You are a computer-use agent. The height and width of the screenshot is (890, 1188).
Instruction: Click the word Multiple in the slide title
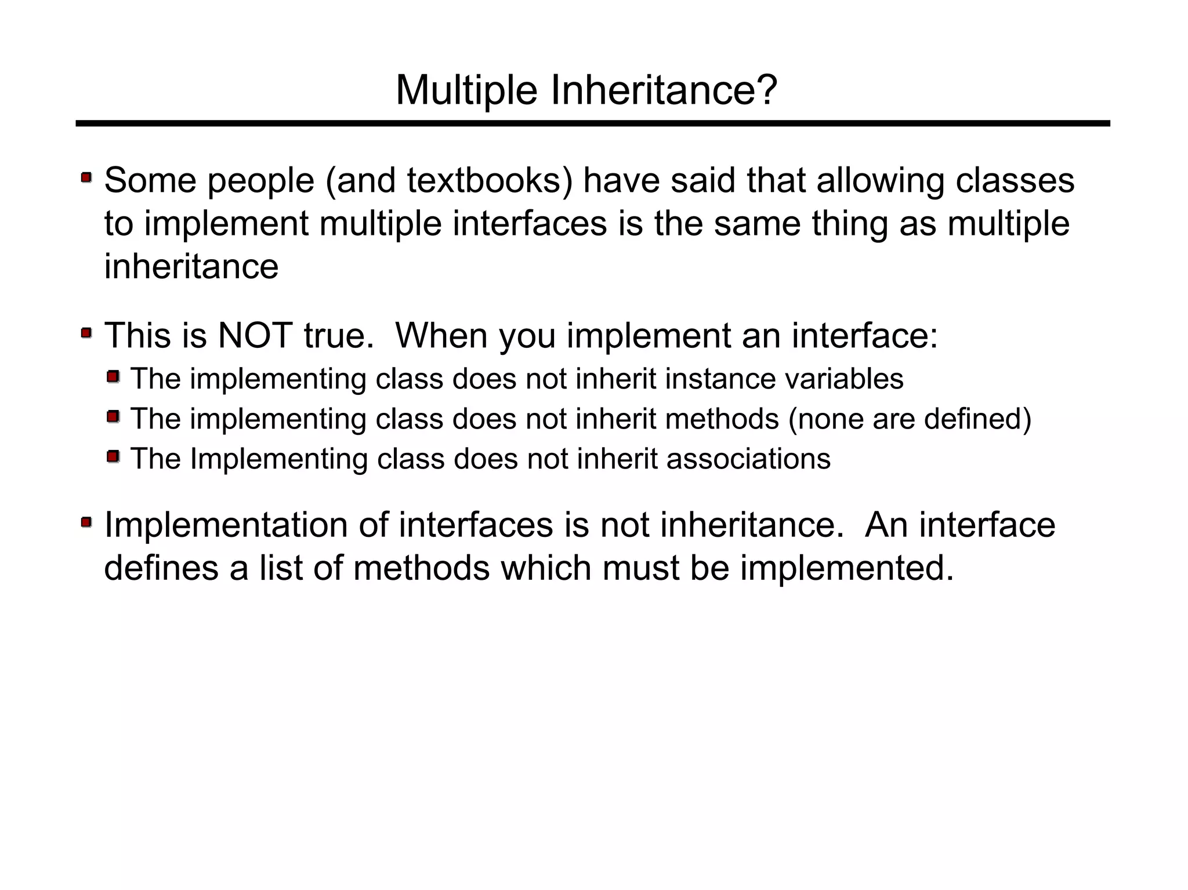[x=466, y=90]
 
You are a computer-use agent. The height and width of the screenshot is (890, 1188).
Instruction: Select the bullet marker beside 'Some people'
[x=86, y=177]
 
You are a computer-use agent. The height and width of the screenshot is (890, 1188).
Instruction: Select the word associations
[x=748, y=459]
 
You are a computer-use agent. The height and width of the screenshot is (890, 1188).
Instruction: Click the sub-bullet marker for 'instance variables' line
[x=113, y=377]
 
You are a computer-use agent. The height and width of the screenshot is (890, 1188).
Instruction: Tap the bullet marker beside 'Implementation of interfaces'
[x=86, y=522]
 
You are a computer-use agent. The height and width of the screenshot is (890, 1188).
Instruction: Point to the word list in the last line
[x=280, y=568]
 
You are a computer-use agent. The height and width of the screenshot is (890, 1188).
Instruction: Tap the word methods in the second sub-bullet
[x=722, y=419]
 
